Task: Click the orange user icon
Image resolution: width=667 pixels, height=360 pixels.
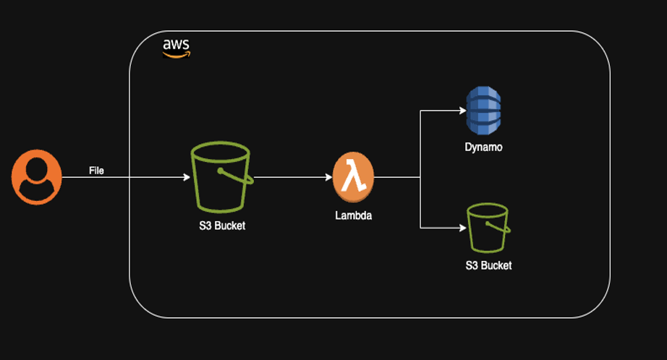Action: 36,177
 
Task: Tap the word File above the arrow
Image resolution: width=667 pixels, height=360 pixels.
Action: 96,171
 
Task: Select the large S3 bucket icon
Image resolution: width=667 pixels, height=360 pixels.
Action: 221,176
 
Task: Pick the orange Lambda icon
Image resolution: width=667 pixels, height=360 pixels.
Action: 353,176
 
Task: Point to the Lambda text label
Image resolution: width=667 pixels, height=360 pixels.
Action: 353,215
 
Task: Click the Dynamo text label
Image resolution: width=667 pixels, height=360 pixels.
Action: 483,147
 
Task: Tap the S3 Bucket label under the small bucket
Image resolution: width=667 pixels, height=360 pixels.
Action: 488,265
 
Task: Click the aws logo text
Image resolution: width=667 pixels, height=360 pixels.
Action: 176,44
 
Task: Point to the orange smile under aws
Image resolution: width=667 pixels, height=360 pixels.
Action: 177,53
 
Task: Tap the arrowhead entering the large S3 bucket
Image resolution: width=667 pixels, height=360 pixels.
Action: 186,176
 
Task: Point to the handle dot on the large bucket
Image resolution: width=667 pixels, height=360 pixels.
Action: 218,171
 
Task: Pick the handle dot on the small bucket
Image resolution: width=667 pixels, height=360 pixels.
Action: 486,224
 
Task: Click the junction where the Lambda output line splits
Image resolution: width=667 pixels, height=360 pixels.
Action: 420,176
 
